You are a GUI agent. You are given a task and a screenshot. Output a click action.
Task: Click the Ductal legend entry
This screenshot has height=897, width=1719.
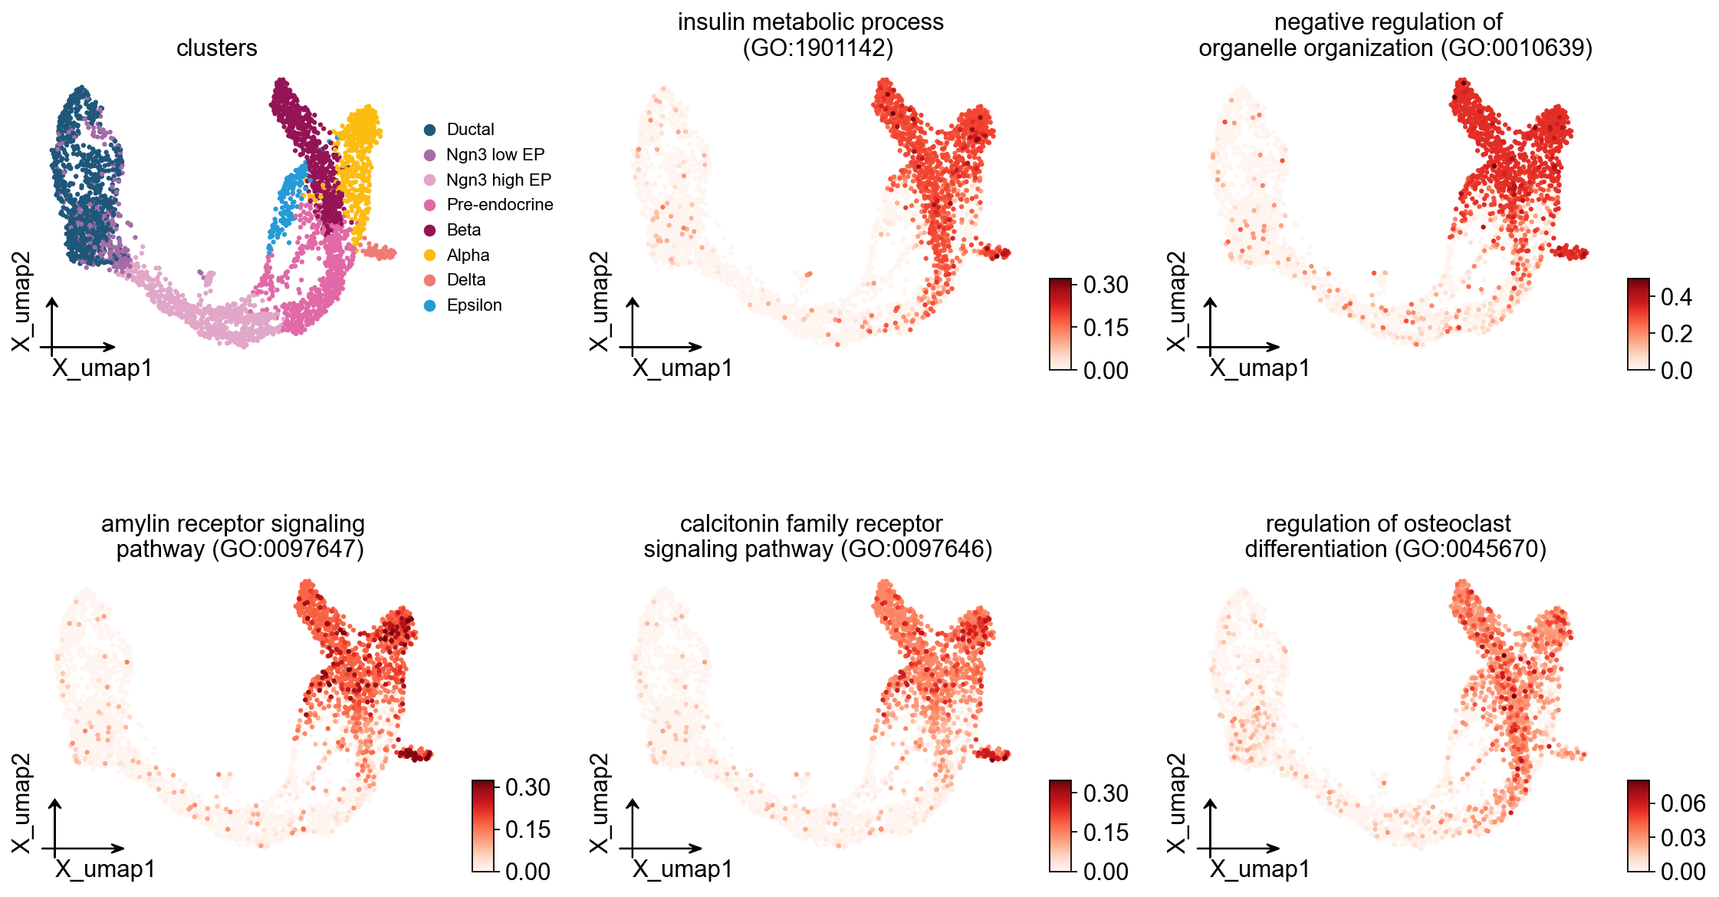point(469,130)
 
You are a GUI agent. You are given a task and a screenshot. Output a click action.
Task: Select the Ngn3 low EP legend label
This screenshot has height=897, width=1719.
point(495,155)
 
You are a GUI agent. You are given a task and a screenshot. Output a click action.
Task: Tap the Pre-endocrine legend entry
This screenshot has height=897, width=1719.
point(499,205)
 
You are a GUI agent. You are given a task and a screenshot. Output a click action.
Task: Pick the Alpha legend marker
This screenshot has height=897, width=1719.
point(430,256)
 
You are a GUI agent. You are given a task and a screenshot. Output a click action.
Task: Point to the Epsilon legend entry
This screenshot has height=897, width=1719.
point(473,305)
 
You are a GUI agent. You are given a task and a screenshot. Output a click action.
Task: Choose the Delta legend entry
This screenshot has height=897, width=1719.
point(465,280)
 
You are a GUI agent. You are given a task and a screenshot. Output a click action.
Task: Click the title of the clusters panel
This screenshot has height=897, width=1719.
point(217,48)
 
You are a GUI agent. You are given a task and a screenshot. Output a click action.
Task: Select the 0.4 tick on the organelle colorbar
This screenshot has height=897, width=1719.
point(1676,297)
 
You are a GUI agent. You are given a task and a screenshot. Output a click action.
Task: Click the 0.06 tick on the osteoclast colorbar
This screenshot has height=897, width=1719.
point(1682,803)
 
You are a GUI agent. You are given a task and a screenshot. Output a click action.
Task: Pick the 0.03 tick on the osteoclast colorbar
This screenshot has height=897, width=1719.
point(1682,837)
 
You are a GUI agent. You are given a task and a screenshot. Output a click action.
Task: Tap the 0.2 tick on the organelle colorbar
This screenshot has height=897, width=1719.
point(1676,334)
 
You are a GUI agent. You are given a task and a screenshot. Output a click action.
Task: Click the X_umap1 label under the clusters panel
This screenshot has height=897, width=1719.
point(103,368)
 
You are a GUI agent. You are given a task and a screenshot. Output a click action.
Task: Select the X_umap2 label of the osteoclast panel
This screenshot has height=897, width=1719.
point(1175,803)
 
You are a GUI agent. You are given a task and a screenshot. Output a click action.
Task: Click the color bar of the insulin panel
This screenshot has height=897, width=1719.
point(1060,325)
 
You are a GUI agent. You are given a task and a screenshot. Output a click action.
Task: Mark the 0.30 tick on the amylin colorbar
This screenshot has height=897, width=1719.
point(528,787)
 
